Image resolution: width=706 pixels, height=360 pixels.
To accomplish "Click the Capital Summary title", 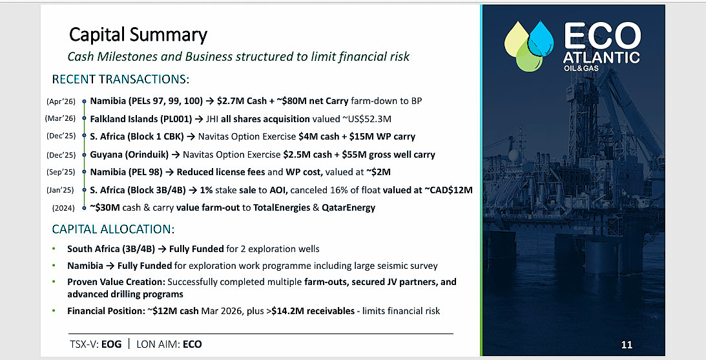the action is (138, 35).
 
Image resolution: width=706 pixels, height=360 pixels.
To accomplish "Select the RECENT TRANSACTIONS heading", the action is (121, 79).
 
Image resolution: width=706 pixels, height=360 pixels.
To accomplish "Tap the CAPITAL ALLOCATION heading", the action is (113, 229).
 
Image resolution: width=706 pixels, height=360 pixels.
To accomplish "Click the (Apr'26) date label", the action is (61, 101).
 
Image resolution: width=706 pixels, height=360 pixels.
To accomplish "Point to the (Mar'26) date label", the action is (60, 119).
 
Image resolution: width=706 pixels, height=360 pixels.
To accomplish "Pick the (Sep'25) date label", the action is (61, 172).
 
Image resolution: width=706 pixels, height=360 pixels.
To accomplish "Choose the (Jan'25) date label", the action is (60, 190).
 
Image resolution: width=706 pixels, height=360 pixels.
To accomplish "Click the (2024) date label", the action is (63, 208).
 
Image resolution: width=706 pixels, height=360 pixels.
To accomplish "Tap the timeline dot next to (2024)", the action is (84, 208).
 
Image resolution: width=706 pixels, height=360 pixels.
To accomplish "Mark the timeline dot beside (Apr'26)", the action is (84, 102).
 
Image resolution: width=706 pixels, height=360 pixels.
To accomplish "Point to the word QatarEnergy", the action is (349, 207).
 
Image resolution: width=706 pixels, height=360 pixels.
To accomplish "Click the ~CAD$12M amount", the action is (448, 190).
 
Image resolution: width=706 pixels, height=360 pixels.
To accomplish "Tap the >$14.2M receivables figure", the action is (313, 311).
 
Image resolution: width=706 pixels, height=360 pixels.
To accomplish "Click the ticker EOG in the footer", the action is (112, 344).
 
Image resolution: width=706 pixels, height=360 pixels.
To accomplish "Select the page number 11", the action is (627, 345).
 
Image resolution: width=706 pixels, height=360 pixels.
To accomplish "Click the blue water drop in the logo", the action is (541, 38).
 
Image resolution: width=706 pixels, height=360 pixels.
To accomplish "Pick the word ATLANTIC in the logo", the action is (601, 58).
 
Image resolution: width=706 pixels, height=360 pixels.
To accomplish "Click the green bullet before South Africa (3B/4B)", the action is (54, 248).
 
